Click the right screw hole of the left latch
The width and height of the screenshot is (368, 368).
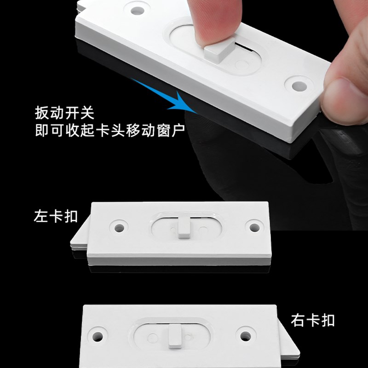252,225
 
